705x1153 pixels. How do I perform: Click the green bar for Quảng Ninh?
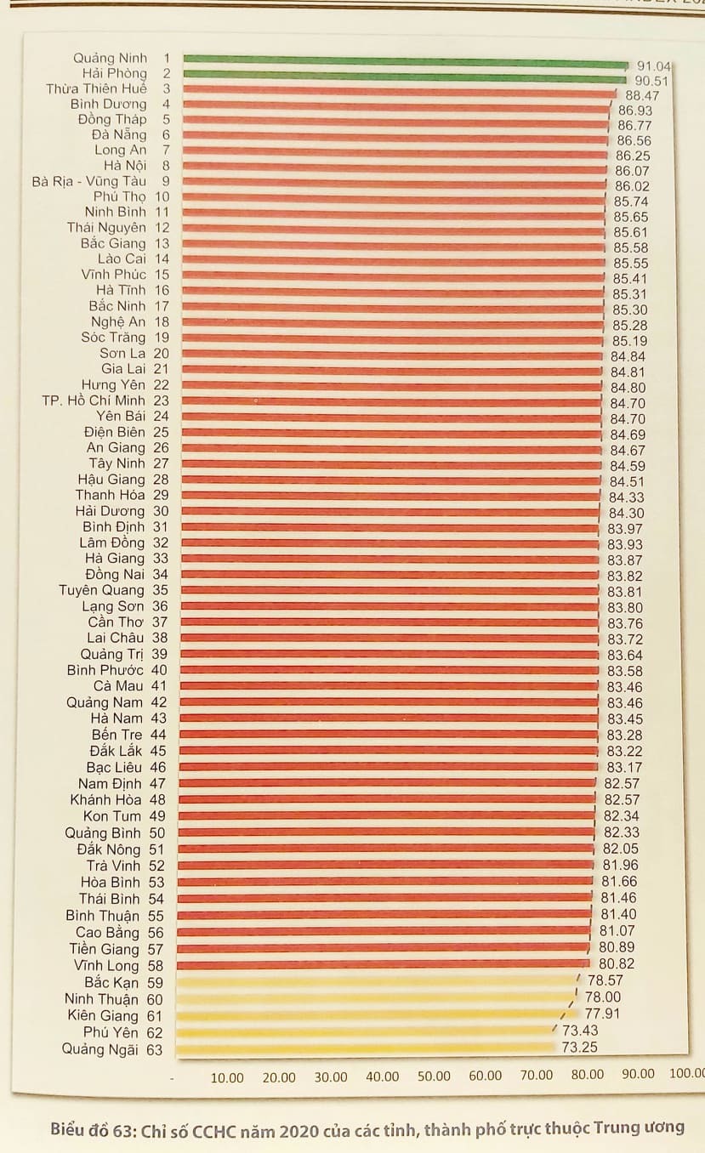tap(404, 60)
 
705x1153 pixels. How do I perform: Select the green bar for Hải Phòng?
tap(404, 76)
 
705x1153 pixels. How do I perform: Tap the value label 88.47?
tap(642, 96)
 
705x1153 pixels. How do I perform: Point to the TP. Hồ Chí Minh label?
tap(94, 400)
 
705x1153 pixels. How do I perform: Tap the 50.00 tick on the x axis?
tap(433, 1076)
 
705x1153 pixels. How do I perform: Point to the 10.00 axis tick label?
tap(227, 1077)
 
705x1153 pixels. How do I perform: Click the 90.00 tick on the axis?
tap(638, 1075)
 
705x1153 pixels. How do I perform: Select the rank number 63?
tap(154, 1049)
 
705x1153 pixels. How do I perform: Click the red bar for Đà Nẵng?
tap(395, 136)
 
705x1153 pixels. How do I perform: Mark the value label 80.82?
tap(617, 964)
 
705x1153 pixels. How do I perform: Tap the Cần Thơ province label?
tap(116, 622)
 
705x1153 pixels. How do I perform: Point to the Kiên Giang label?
tap(103, 1015)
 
